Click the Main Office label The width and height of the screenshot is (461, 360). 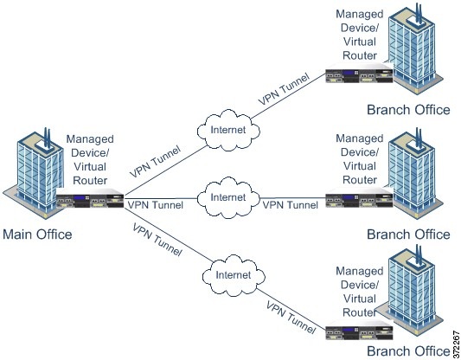click(37, 235)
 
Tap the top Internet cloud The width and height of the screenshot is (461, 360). click(228, 130)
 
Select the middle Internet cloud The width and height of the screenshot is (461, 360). click(228, 197)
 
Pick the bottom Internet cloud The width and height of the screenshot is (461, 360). click(234, 275)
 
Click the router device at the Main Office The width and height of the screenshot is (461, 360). click(90, 198)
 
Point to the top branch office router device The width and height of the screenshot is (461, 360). click(359, 74)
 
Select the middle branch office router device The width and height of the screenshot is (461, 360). click(359, 198)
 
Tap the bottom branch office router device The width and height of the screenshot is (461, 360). click(359, 331)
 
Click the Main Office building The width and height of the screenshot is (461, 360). click(34, 174)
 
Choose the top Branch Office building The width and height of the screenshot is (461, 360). click(415, 49)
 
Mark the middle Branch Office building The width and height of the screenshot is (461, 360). click(415, 174)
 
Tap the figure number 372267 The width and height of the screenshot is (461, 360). click(456, 343)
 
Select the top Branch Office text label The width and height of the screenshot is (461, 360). click(408, 110)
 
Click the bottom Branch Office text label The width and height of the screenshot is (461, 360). click(408, 350)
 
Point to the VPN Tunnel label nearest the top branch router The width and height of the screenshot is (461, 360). click(284, 88)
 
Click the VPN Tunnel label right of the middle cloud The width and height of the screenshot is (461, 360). click(291, 205)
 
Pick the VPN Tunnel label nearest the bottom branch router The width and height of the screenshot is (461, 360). click(291, 318)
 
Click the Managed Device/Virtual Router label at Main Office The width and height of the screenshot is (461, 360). click(90, 160)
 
